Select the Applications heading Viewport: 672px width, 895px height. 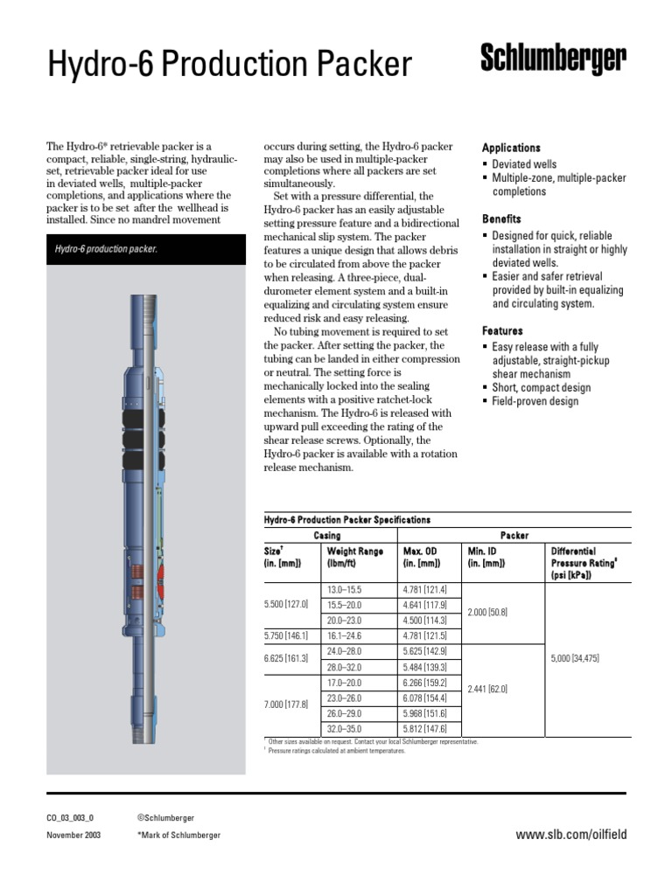[x=511, y=149]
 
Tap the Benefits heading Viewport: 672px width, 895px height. [x=501, y=219]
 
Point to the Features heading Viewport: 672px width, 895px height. [x=502, y=331]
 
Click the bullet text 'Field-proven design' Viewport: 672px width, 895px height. [x=535, y=402]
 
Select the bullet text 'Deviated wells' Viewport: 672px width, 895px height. [x=523, y=164]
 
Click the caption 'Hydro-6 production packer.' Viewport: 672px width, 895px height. [x=106, y=250]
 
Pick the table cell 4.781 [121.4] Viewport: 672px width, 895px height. [x=424, y=590]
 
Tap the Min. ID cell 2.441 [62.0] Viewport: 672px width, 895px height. [x=487, y=689]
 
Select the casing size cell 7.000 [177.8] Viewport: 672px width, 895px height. [x=286, y=704]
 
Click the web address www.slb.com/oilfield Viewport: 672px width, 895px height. [x=570, y=835]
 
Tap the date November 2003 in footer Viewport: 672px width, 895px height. [x=73, y=836]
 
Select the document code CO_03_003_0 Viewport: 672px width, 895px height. [x=69, y=818]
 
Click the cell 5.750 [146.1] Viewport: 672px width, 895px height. [x=286, y=635]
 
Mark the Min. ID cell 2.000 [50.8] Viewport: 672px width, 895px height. [x=487, y=614]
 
